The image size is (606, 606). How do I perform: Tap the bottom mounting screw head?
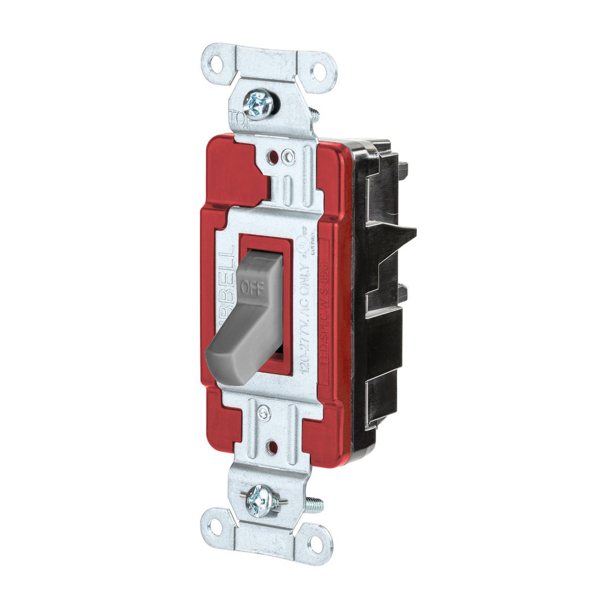(x=261, y=501)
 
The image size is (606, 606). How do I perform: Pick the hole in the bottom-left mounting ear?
(x=214, y=526)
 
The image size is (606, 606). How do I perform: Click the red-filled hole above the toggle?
(x=273, y=158)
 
